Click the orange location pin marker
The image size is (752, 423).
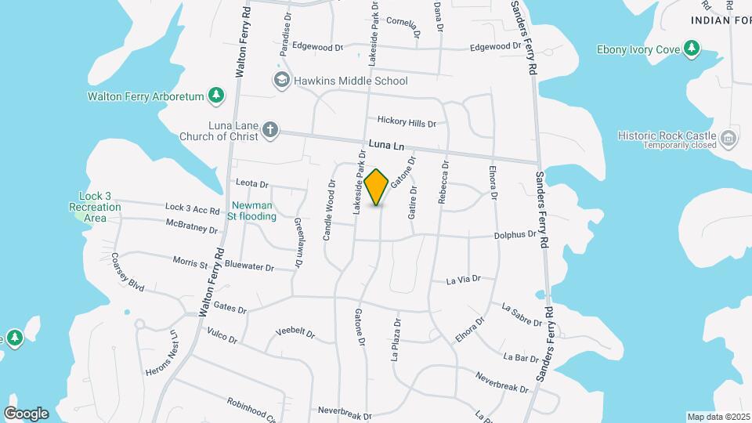pos(377,187)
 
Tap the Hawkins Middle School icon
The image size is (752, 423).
pos(280,80)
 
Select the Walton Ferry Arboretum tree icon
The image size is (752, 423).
pos(216,96)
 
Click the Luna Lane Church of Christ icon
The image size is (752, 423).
pos(269,129)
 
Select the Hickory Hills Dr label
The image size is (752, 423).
pos(407,122)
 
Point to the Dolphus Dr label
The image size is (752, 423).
pos(515,234)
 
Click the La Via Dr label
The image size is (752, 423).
pos(462,279)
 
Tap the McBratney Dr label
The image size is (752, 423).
pos(191,226)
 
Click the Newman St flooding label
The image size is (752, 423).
pos(251,210)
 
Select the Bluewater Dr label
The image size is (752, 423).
pos(249,267)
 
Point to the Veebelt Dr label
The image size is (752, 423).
pos(295,334)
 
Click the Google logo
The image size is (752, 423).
pos(26,414)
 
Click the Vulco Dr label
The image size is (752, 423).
pos(222,336)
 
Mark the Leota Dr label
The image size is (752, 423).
pos(251,183)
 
